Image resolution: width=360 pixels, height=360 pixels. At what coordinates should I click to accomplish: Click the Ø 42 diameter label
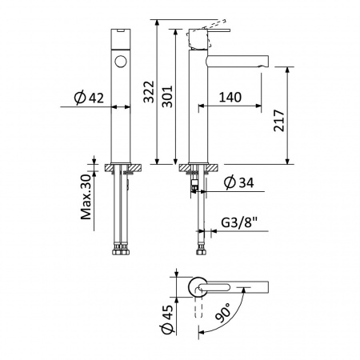(89, 98)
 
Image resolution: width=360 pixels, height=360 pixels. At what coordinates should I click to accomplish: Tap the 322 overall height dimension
(149, 92)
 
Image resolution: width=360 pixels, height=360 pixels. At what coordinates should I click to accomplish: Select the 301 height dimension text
(168, 97)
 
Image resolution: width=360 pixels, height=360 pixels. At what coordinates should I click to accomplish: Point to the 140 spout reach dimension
(230, 97)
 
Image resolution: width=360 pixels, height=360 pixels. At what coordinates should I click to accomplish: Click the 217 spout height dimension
(279, 120)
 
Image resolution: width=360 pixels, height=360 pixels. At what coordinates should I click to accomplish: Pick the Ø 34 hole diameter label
(239, 182)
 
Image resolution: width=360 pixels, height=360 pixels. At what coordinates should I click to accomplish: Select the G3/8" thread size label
(239, 222)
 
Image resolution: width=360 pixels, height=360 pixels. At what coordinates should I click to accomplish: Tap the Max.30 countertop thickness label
(86, 197)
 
